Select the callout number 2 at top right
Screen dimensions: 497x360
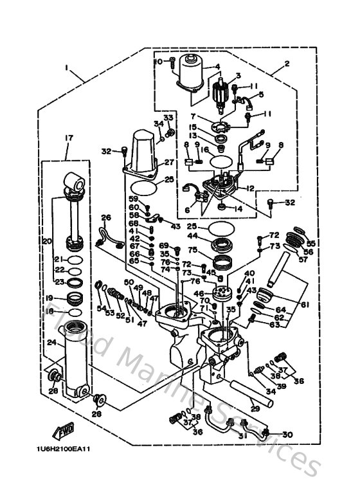[x=286, y=63]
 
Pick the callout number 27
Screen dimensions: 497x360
[x=169, y=162]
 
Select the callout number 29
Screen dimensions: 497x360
[x=255, y=408]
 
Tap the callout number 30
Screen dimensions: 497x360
[x=287, y=434]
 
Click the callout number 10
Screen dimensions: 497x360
[x=157, y=61]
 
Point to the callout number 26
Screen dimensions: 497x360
[x=106, y=217]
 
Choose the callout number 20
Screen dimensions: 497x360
[x=46, y=241]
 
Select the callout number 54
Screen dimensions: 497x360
[x=101, y=309]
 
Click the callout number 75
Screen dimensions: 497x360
[x=192, y=250]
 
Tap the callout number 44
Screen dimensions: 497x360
[x=192, y=238]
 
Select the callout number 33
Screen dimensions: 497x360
[x=168, y=117]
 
